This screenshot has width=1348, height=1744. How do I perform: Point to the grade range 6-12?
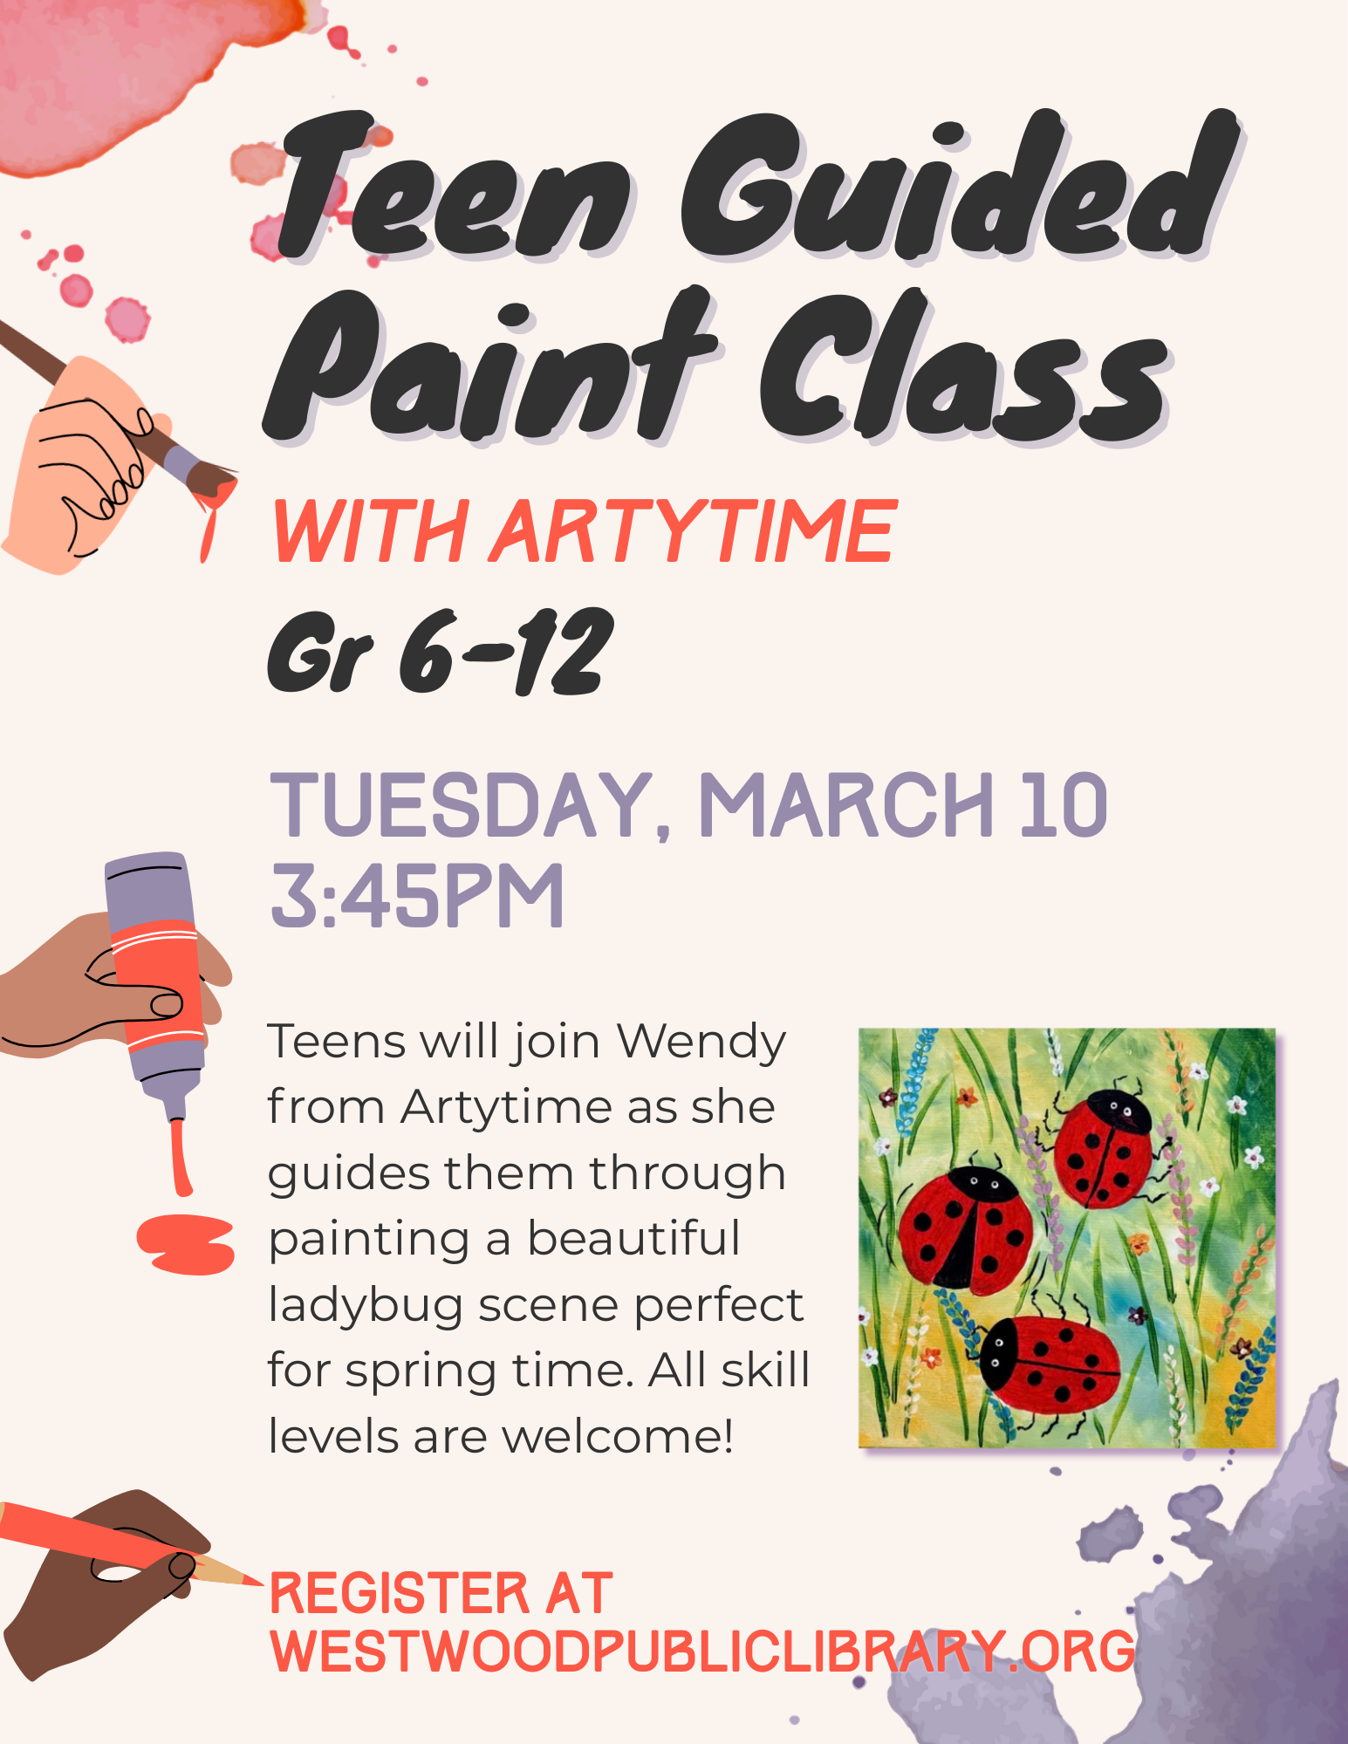[x=506, y=652]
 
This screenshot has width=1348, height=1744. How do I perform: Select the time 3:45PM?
[x=417, y=896]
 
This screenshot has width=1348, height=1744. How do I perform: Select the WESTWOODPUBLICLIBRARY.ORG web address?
[x=702, y=1652]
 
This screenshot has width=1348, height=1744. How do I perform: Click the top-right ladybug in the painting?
[x=1103, y=1148]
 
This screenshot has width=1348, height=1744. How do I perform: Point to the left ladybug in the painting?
[x=965, y=1231]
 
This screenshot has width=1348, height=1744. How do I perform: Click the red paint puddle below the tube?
[x=186, y=1243]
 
